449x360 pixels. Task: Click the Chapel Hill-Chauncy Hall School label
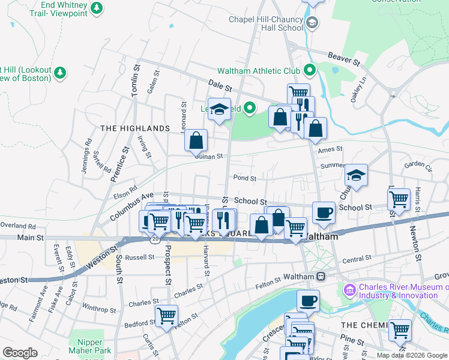coord(266,23)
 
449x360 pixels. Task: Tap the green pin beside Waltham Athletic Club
coord(310,71)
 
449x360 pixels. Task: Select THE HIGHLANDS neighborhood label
coord(134,128)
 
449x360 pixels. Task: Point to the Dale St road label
coord(220,86)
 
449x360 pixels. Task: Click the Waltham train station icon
coord(321,277)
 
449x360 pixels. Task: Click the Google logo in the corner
coord(20,353)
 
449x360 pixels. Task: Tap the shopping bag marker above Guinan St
coord(196,141)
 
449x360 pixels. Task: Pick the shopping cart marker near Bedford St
coord(166,316)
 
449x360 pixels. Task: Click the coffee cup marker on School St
coord(324,212)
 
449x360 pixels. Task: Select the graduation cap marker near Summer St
coord(356,175)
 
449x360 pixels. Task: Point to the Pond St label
coord(244,178)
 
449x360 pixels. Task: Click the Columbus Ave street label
coord(128,207)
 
